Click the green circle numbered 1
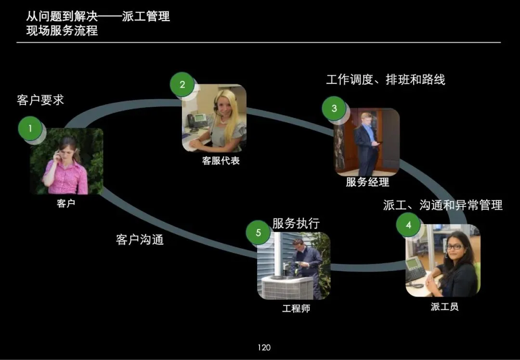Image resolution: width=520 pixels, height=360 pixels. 30,129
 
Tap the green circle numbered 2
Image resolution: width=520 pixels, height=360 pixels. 182,85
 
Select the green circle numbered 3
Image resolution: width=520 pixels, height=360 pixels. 334,108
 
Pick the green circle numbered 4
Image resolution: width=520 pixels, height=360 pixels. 408,225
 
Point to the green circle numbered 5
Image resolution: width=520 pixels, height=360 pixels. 258,233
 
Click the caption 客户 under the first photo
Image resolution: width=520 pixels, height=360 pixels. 66,204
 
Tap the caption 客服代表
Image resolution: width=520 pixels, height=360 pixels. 221,161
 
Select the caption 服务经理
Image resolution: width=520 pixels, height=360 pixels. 367,182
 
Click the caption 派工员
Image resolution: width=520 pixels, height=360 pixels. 444,307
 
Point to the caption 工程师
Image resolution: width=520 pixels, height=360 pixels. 296,309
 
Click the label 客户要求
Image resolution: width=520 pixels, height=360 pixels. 40,100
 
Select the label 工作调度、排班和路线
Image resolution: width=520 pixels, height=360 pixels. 385,79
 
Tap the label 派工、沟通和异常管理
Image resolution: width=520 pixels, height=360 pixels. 442,205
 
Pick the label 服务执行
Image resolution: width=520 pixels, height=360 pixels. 296,223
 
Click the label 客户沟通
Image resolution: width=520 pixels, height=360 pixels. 140,239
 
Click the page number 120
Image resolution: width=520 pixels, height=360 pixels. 264,347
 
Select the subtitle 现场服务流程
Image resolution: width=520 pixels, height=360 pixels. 62,31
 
